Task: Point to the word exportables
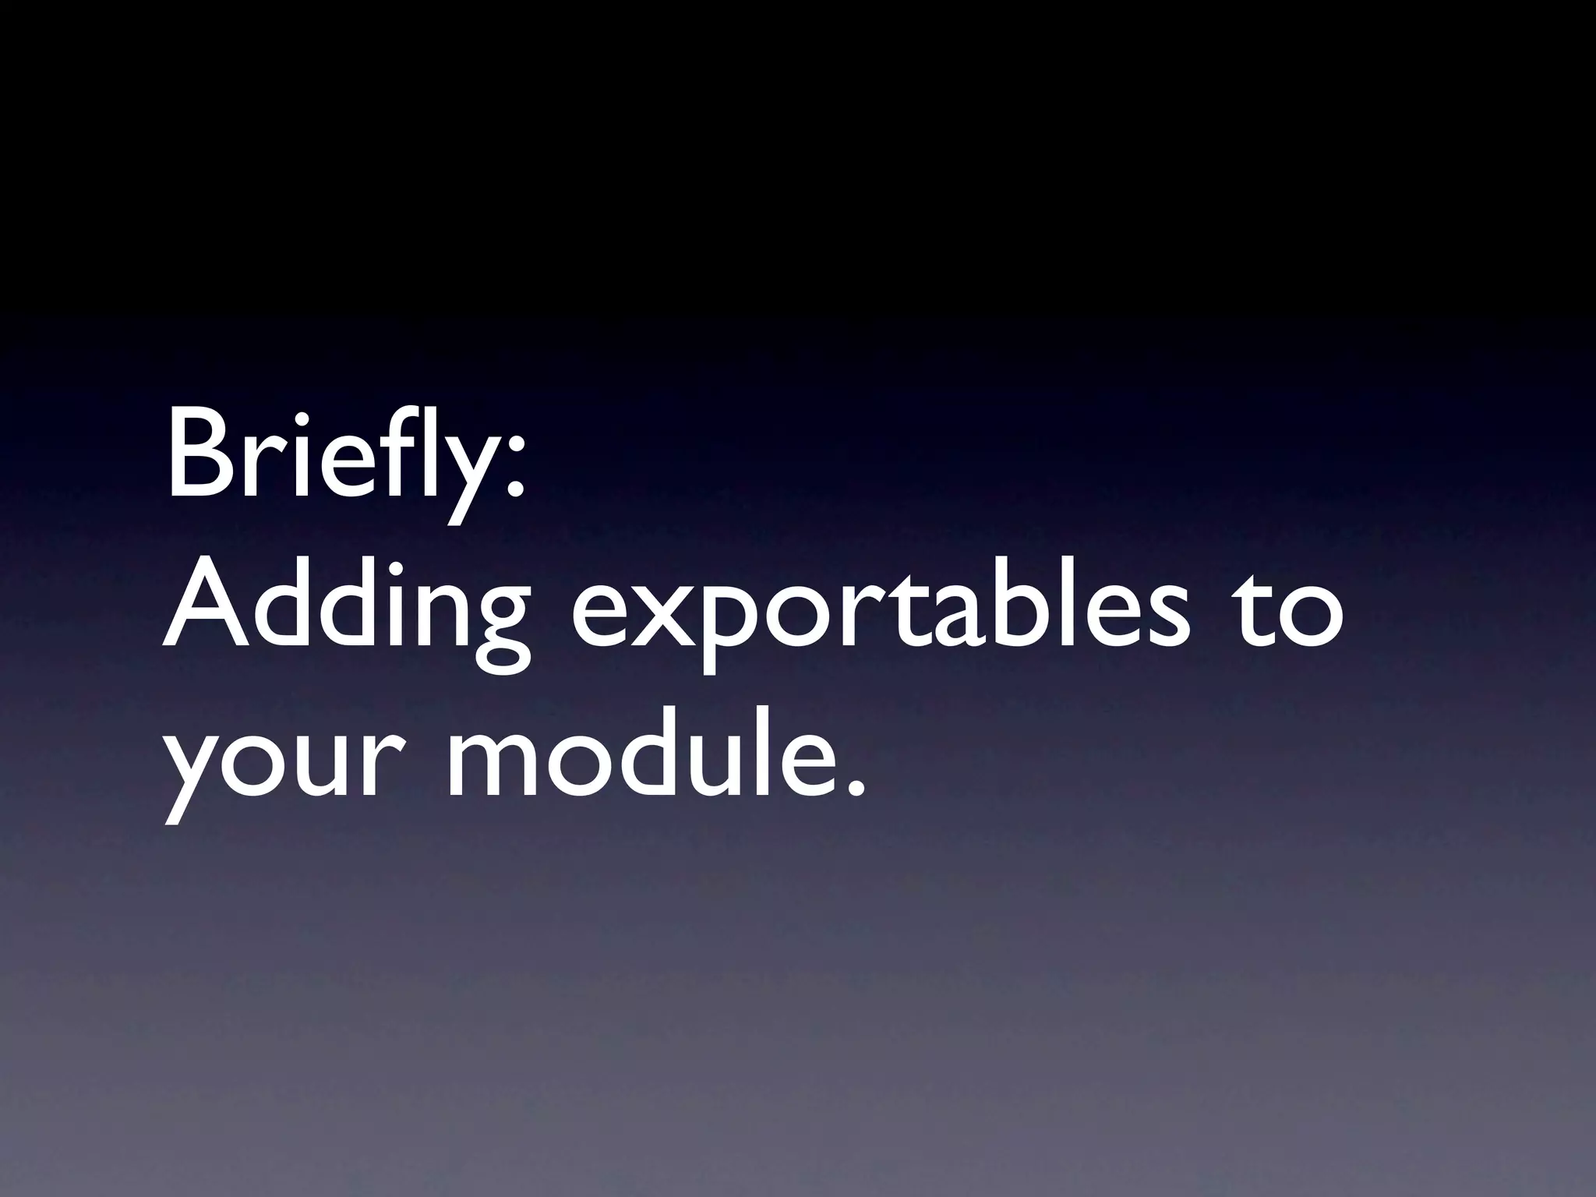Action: [881, 616]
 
